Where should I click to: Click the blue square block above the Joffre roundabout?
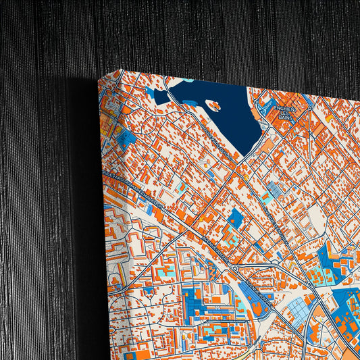point(235,218)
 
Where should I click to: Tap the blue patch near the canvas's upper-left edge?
point(126,138)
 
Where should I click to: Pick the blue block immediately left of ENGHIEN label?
point(263,107)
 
